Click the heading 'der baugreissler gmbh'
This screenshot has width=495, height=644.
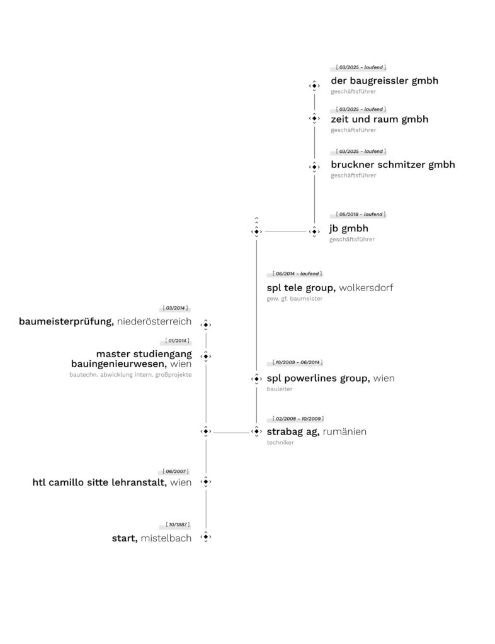point(384,80)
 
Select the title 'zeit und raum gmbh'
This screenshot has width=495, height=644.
point(379,119)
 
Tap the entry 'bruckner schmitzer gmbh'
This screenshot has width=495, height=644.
point(392,165)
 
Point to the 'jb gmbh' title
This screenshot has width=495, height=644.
point(348,228)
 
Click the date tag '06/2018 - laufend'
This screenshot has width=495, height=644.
point(358,214)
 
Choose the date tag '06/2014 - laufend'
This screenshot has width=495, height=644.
point(295,274)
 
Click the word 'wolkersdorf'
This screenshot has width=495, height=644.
point(366,288)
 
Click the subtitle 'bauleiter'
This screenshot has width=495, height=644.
point(280,389)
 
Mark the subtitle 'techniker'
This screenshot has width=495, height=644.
point(280,442)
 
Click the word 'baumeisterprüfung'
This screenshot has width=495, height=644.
point(66,321)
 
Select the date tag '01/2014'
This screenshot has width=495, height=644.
point(175,341)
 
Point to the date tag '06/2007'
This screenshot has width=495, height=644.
point(175,471)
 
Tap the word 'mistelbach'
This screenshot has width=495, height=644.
point(166,538)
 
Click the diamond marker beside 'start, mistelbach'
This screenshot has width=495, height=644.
point(205,537)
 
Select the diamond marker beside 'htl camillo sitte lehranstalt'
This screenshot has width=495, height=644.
point(205,482)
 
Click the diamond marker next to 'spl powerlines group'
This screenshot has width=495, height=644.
point(256,379)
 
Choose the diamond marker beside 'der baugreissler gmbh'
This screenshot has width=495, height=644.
point(314,86)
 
